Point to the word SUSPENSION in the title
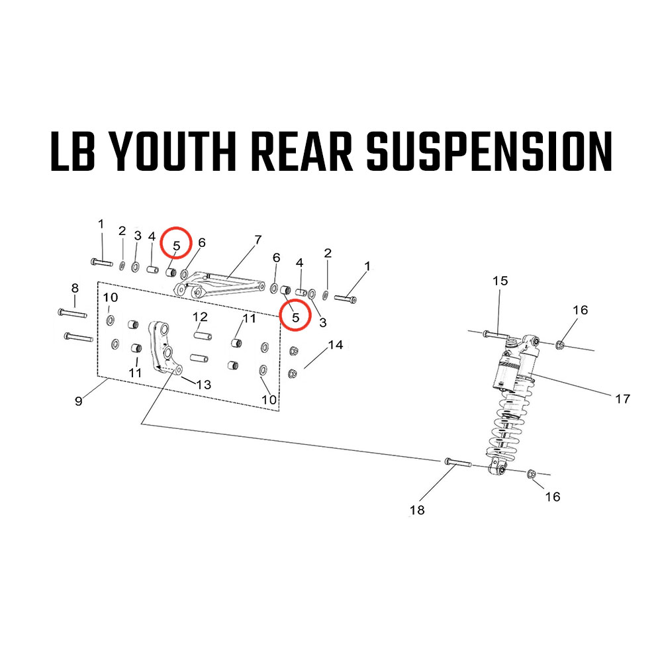[x=489, y=151]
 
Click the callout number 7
[x=258, y=239]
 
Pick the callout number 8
[x=75, y=288]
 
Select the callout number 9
[x=79, y=401]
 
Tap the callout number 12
[x=201, y=316]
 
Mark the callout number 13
[x=203, y=384]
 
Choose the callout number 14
[x=336, y=345]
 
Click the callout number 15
[x=500, y=281]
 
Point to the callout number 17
[x=622, y=399]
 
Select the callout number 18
[x=417, y=510]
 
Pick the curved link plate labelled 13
[x=163, y=348]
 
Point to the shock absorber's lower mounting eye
[x=498, y=469]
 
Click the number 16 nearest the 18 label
[x=552, y=496]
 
